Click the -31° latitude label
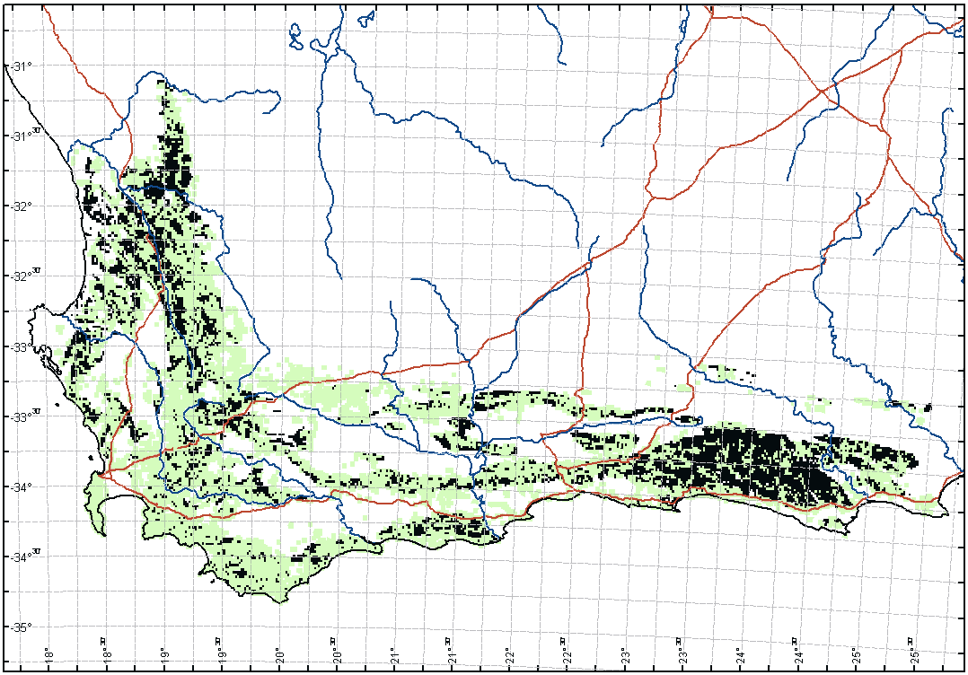[x=20, y=66]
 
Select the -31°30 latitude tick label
[x=24, y=136]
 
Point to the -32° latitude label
[x=20, y=206]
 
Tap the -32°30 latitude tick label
[x=24, y=276]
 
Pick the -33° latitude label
[x=20, y=346]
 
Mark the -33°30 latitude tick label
[x=24, y=416]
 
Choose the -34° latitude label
[x=20, y=487]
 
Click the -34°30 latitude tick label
[x=24, y=556]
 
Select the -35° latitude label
[x=20, y=627]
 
